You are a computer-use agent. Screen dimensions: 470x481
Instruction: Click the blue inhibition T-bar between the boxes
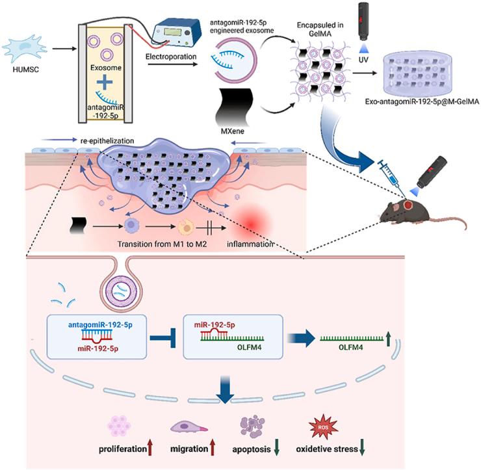pos(164,337)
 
